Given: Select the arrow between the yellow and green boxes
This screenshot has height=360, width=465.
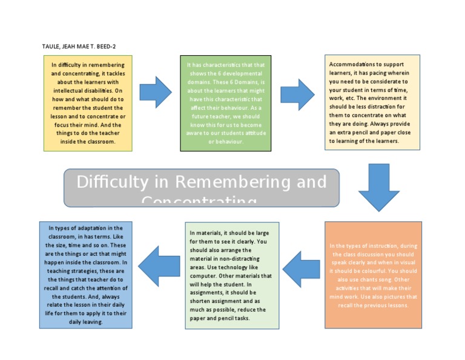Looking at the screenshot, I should pos(156,92).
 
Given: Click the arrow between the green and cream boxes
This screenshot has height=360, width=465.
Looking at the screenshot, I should pos(298,95).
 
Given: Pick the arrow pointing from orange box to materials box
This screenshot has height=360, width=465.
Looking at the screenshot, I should pos(301,269).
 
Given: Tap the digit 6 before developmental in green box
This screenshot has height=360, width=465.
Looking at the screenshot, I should pos(208,73).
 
